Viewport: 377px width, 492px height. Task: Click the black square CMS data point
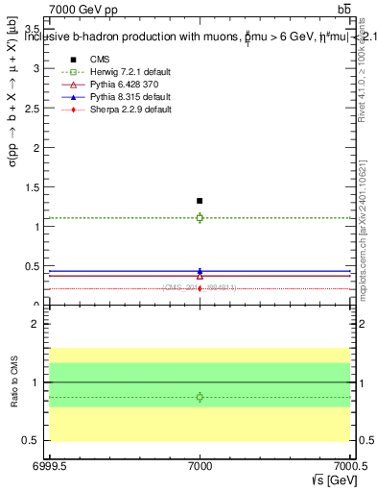pos(200,201)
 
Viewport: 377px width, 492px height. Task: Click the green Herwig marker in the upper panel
pos(200,218)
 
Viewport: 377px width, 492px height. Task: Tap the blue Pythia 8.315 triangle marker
pos(200,271)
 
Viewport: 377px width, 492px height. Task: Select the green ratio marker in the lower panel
pos(200,397)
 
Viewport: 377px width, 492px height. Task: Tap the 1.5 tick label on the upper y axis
pos(35,187)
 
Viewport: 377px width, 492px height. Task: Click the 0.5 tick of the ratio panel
pos(35,440)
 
